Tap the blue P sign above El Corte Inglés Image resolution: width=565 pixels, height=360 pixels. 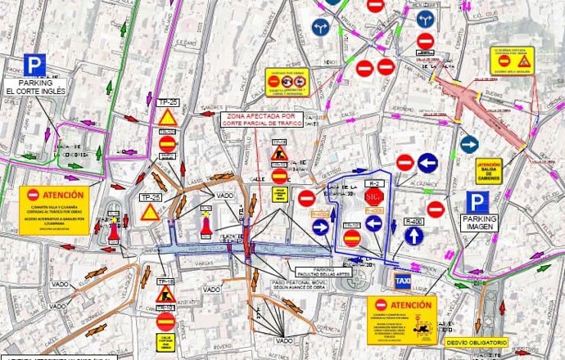[x=34, y=65]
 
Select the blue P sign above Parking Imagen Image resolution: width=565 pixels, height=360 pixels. [x=477, y=204]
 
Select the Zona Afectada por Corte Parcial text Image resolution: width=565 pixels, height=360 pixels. [x=262, y=124]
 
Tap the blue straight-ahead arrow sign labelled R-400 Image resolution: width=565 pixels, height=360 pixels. [x=414, y=236]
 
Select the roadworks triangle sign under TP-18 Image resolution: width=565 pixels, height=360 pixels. [x=165, y=292]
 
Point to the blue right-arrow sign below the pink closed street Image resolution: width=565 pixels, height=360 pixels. [x=468, y=145]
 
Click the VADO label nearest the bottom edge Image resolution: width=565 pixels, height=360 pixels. [x=283, y=340]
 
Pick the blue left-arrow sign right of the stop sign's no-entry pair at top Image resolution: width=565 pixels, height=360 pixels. [x=427, y=163]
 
